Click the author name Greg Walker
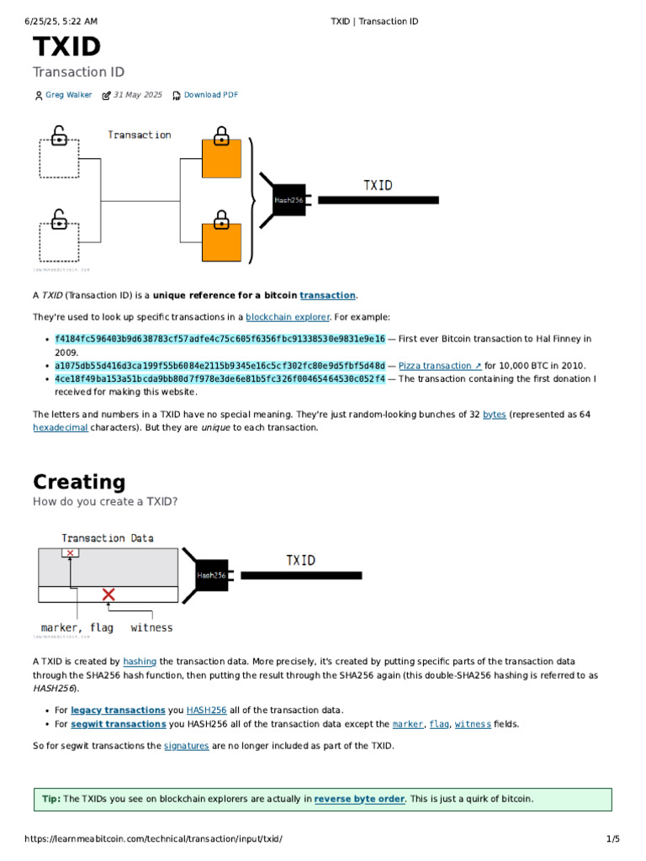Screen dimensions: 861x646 pyautogui.click(x=68, y=95)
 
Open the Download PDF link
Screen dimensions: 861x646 pyautogui.click(x=210, y=95)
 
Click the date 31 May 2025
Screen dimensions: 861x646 pyautogui.click(x=137, y=95)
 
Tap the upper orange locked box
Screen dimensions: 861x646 pyautogui.click(x=221, y=158)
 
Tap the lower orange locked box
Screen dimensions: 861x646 pyautogui.click(x=221, y=242)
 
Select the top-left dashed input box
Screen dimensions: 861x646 pyautogui.click(x=59, y=158)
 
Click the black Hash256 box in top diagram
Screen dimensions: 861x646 pyautogui.click(x=289, y=199)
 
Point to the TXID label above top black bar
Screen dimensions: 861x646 pyautogui.click(x=378, y=185)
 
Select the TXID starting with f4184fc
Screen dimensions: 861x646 pyautogui.click(x=220, y=339)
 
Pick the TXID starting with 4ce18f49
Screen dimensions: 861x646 pyautogui.click(x=220, y=379)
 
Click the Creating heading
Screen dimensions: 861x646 pyautogui.click(x=79, y=482)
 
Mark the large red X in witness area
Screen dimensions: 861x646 pyautogui.click(x=109, y=594)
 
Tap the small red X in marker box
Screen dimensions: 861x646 pyautogui.click(x=71, y=553)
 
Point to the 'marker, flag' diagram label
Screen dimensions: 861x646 pyautogui.click(x=77, y=627)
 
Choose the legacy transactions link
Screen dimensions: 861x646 pyautogui.click(x=129, y=710)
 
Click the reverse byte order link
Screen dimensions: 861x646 pyautogui.click(x=359, y=799)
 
